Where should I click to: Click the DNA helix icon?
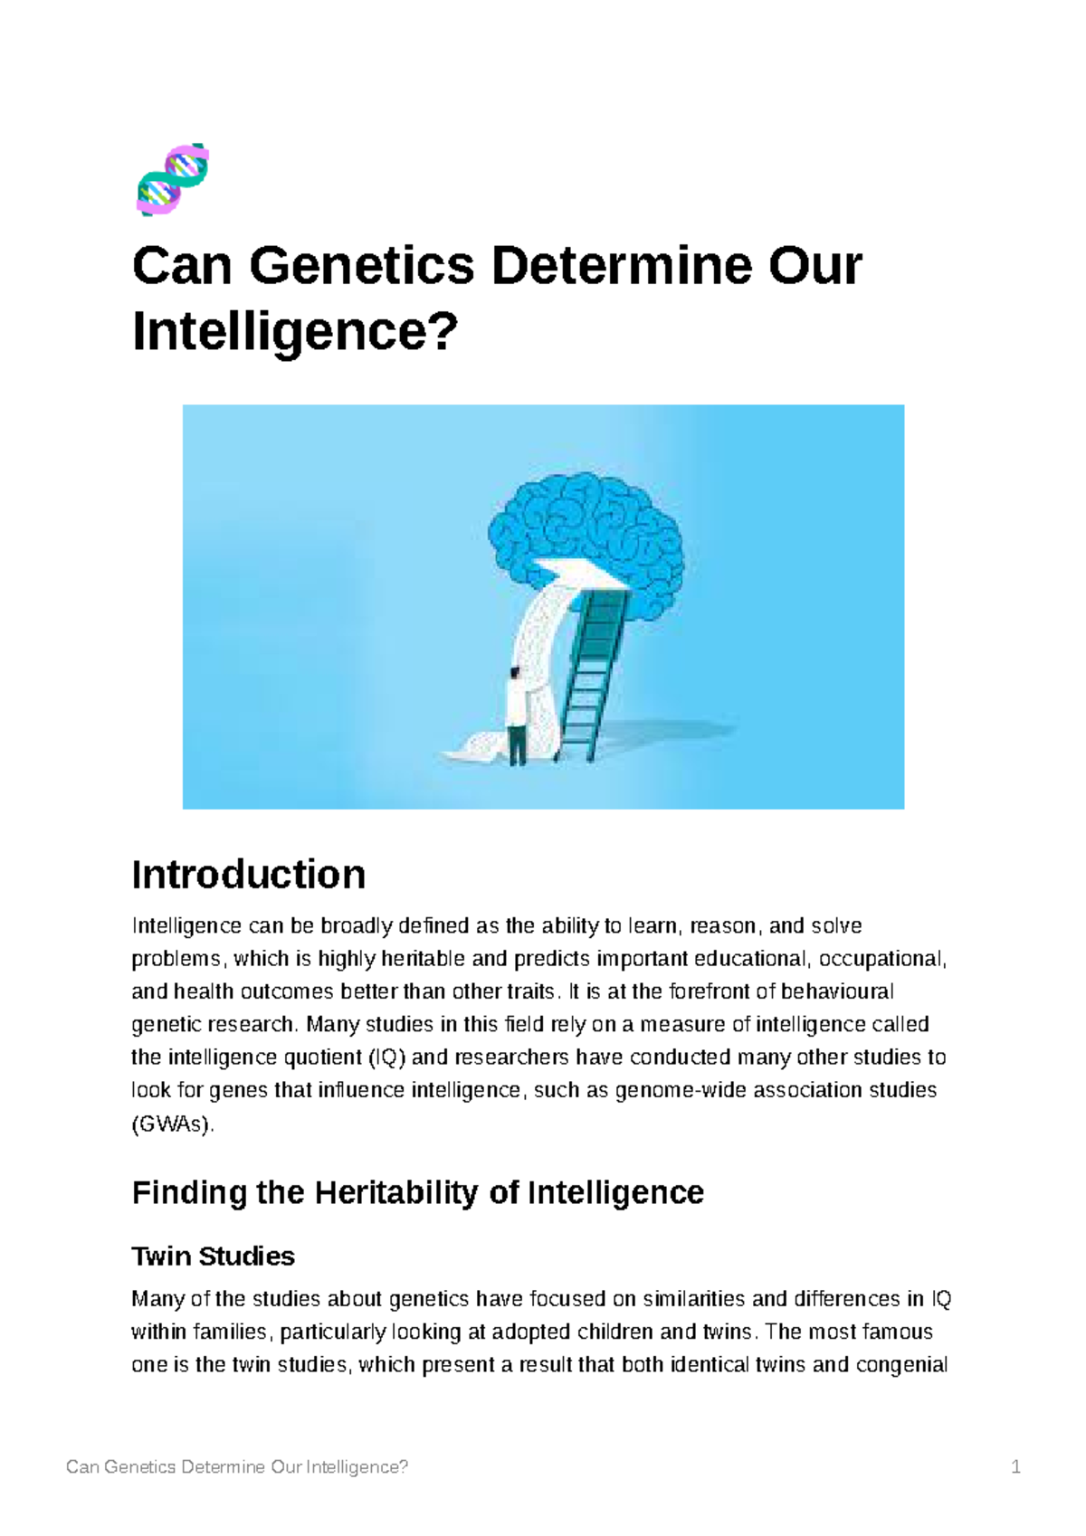click(173, 179)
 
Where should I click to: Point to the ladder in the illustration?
click(593, 669)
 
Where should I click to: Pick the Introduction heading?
click(249, 875)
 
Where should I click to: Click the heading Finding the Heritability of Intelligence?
click(417, 1192)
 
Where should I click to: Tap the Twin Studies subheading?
click(214, 1256)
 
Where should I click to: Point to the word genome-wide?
click(669, 1090)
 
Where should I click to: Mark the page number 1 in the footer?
click(1016, 1467)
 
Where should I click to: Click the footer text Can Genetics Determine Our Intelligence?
click(237, 1467)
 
